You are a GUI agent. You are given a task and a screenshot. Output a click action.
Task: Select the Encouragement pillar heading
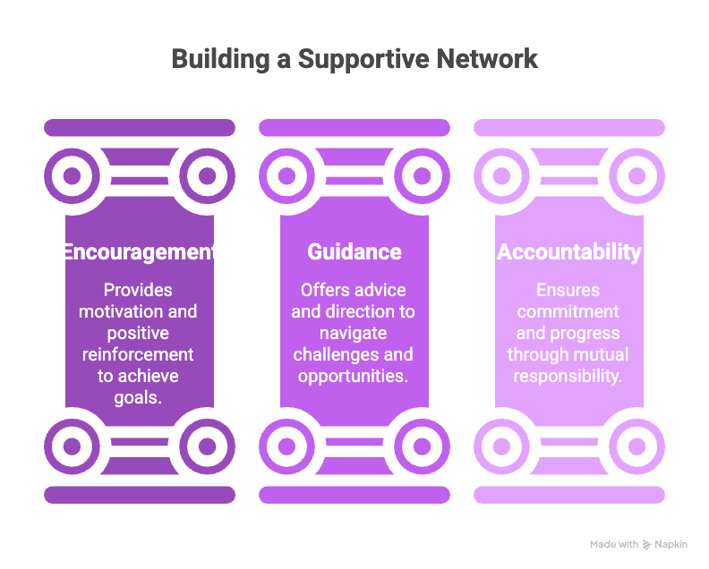pos(139,252)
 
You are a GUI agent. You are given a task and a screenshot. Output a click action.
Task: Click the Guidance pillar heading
pos(354,252)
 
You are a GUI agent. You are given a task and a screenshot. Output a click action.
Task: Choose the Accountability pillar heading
pos(569,252)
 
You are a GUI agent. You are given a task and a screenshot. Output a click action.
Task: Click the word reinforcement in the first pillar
pos(139,354)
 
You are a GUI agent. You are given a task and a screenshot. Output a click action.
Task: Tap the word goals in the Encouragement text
pos(139,397)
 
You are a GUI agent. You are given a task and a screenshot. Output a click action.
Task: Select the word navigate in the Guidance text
pos(354,333)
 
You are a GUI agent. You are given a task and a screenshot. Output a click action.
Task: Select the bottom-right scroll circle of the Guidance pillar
pos(423,445)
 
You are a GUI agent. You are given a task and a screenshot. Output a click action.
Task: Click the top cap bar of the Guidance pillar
pos(354,128)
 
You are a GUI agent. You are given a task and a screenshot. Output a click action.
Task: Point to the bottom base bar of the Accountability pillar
pos(569,495)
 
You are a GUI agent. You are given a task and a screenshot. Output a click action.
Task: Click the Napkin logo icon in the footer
pos(646,545)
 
